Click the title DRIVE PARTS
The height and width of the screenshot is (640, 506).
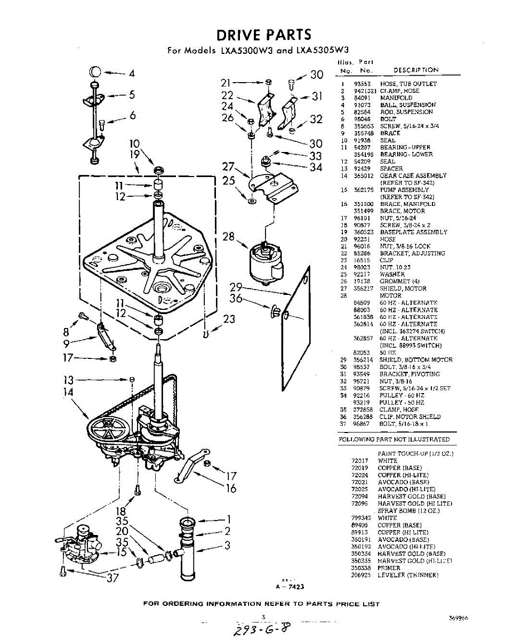coord(263,35)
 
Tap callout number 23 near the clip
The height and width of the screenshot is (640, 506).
coord(229,319)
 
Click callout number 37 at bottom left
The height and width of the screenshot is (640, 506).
coord(113,578)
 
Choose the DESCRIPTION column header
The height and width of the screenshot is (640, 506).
coord(416,70)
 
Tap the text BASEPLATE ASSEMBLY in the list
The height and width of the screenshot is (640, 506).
coord(413,232)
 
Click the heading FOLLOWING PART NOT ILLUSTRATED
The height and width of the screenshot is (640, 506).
coord(394,439)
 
